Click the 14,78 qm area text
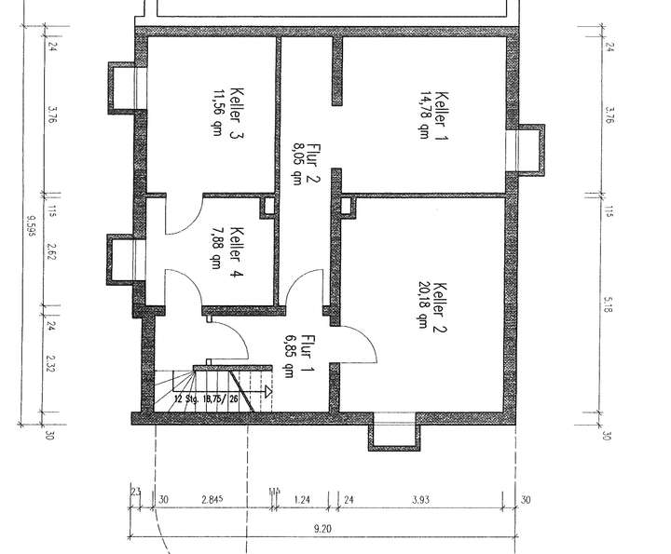pos(425,115)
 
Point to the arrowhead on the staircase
pos(267,392)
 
